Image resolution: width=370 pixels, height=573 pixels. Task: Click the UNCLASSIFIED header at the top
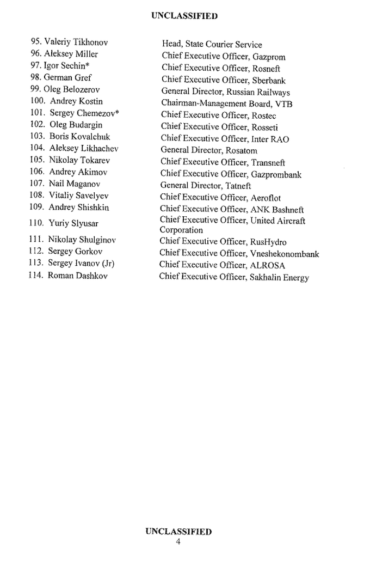tap(184, 16)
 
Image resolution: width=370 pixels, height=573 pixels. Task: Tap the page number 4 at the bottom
tap(178, 541)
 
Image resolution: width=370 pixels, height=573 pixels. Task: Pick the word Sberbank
tap(268, 81)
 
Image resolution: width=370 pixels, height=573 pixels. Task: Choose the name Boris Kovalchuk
tap(79, 137)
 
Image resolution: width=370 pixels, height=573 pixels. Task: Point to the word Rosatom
tap(242, 151)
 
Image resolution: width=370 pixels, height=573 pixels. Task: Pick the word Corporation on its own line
tap(181, 230)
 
